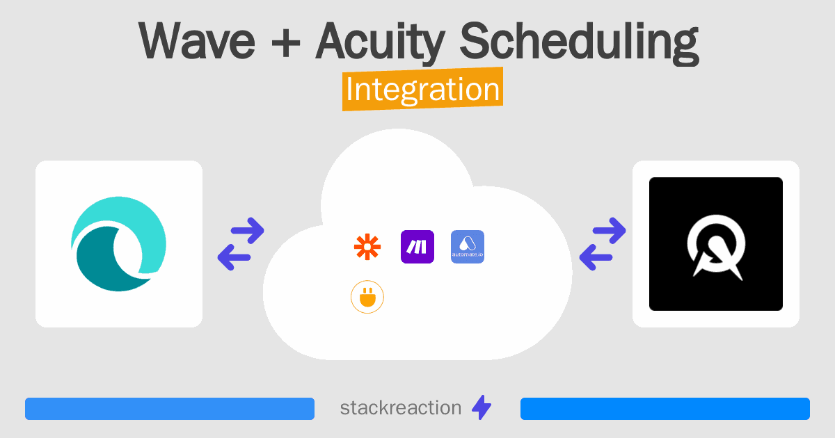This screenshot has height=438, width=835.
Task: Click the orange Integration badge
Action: (422, 90)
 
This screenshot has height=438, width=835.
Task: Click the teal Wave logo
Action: (119, 244)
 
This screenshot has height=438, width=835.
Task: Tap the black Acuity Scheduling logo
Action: (715, 244)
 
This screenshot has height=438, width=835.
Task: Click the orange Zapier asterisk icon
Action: (367, 247)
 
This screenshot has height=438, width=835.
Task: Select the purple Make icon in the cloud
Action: (417, 247)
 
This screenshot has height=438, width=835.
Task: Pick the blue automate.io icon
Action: (468, 247)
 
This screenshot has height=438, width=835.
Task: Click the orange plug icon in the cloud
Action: (367, 297)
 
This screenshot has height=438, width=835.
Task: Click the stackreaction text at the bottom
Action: (400, 408)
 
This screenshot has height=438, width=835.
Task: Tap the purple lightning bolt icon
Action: (482, 408)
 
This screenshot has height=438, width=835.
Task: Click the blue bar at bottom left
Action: (169, 409)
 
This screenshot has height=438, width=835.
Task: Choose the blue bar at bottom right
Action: (665, 409)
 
